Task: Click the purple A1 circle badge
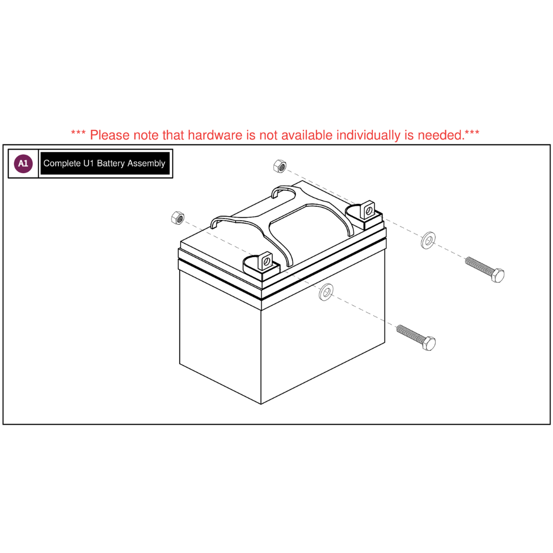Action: pos(23,163)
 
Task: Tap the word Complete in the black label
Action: pos(62,164)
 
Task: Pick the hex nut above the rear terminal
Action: pos(280,166)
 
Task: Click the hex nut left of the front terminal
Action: pos(177,218)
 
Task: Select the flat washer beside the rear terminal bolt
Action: pos(428,241)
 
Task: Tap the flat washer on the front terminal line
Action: pos(326,292)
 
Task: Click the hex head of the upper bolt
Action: pos(497,275)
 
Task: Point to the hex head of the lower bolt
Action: pos(429,343)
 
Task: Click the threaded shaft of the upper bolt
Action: pos(479,266)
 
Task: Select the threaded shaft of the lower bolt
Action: pos(410,334)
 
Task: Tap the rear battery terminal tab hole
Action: pos(369,211)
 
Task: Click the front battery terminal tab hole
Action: pos(267,261)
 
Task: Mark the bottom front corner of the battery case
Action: pos(261,404)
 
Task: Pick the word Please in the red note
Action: pos(110,135)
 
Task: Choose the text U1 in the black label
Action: pos(89,163)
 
